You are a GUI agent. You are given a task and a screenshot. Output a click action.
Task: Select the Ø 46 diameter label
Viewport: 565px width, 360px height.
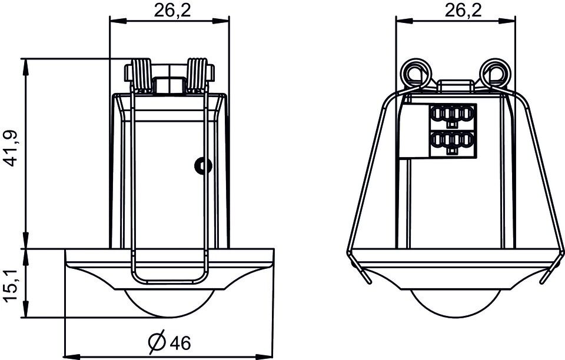(x=169, y=342)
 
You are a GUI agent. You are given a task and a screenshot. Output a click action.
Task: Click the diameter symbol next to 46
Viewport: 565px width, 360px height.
(x=157, y=342)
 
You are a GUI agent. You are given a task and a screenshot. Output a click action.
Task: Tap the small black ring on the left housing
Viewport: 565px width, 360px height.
(x=203, y=166)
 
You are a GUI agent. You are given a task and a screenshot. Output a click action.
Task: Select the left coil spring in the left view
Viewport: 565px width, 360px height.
(x=142, y=76)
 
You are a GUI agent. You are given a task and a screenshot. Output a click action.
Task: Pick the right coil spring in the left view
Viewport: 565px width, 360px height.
(x=198, y=76)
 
